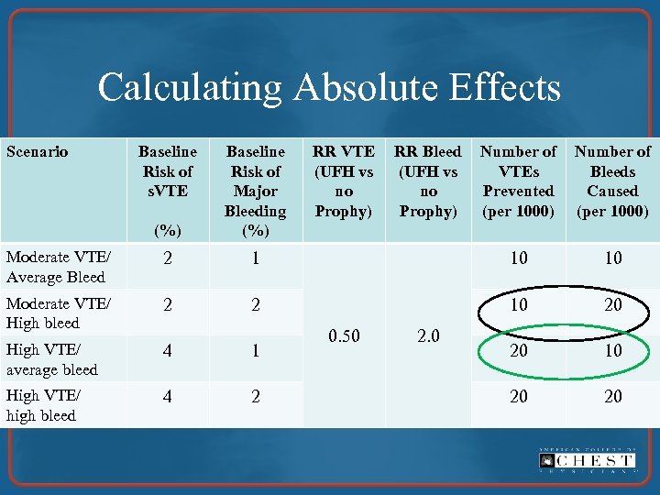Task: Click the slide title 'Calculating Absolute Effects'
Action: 329,88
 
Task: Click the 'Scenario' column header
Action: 38,152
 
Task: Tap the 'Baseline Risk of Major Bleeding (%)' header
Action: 256,191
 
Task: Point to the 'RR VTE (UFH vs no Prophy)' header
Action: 344,181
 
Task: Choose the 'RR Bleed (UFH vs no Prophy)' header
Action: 427,181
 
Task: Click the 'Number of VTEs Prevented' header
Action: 518,181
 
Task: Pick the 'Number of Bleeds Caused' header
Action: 612,181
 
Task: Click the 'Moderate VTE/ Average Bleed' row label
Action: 56,267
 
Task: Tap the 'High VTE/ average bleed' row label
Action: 52,359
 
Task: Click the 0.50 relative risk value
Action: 344,336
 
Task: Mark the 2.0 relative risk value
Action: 427,336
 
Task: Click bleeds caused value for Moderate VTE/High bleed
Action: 612,304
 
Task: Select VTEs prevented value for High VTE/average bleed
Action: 519,351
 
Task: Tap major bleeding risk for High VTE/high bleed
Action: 256,396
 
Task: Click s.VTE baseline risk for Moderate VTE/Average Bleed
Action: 167,258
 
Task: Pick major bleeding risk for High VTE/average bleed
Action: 256,351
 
